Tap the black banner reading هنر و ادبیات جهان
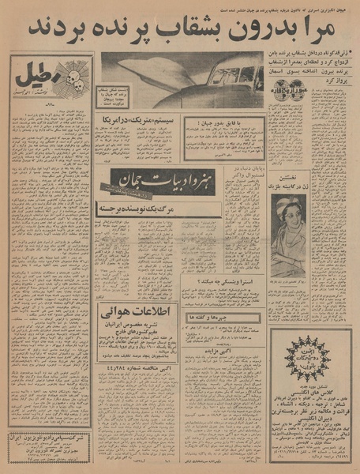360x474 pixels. [147, 180]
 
